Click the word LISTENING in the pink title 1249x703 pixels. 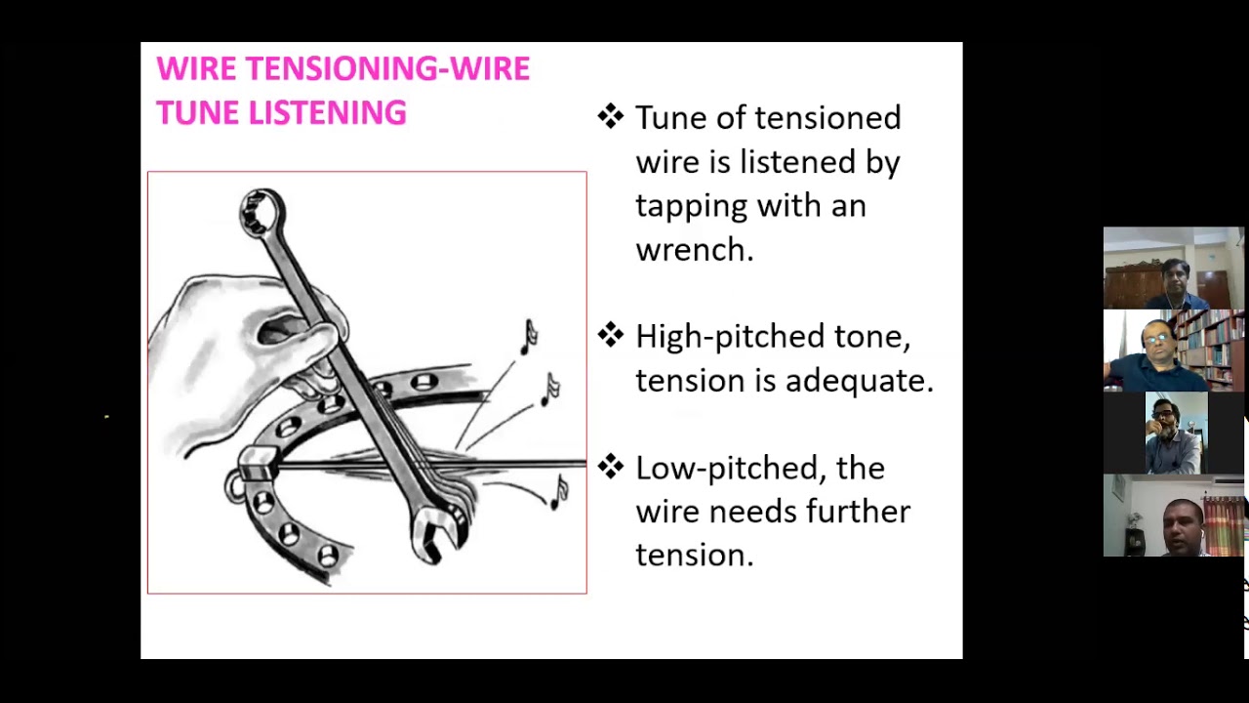point(327,113)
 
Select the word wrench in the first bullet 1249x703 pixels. point(694,250)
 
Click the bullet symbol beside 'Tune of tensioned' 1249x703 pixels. point(611,117)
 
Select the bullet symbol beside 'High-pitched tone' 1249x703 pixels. point(611,336)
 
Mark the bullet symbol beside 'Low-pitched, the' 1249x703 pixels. point(611,468)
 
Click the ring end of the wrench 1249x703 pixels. point(262,212)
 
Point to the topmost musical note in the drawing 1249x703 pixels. point(529,336)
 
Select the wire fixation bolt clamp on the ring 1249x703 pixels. point(258,465)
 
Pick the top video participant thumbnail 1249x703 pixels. point(1174,269)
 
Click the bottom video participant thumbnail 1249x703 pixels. point(1174,516)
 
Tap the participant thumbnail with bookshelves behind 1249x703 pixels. point(1174,351)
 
